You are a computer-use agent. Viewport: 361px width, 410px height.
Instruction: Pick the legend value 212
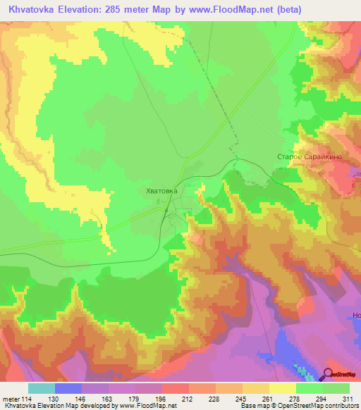coord(175,399)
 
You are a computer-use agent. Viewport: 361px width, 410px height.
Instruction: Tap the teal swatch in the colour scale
coord(41,388)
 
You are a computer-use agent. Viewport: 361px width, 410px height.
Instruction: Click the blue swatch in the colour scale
coord(68,388)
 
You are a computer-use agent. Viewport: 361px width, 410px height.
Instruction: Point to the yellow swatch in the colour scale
coord(283,388)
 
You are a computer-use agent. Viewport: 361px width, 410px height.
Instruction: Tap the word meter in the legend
coord(12,399)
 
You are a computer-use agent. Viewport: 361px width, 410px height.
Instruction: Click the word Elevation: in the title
coord(86,9)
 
